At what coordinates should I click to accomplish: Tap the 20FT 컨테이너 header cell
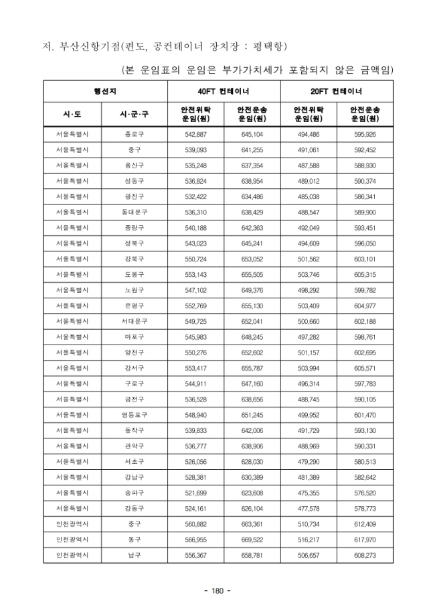click(337, 90)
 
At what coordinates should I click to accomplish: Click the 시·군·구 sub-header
click(134, 114)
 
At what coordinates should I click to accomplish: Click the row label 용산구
click(134, 166)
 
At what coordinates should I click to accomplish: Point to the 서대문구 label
click(134, 321)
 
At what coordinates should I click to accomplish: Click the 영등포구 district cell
click(134, 416)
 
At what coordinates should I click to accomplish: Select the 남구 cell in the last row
click(134, 556)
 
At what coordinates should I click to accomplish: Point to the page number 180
click(217, 591)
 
